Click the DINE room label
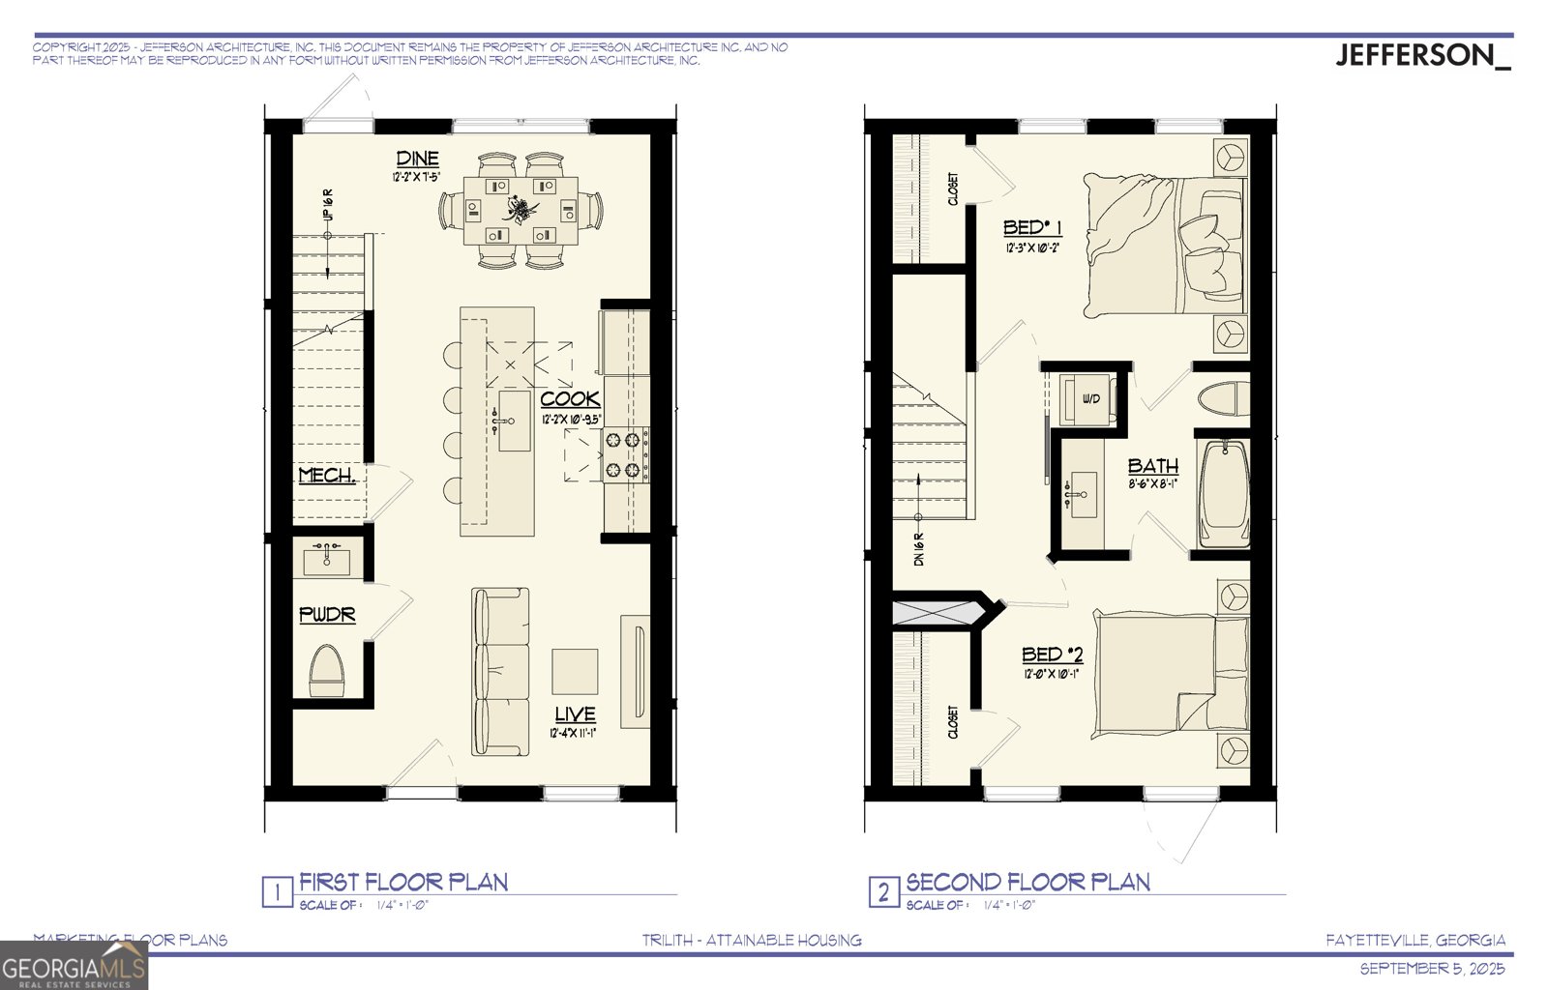(x=417, y=159)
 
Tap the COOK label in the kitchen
(x=570, y=398)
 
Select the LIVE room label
(x=575, y=714)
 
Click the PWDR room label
(x=327, y=615)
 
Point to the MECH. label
(x=326, y=476)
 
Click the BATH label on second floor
(x=1153, y=466)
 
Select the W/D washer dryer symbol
(x=1089, y=399)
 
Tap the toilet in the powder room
(x=327, y=670)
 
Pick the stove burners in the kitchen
(x=624, y=455)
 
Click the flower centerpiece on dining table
(x=519, y=207)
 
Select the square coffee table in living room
(x=575, y=672)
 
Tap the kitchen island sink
(x=514, y=421)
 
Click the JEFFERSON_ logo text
(x=1421, y=56)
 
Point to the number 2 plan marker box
(x=882, y=891)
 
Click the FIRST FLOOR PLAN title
(x=403, y=882)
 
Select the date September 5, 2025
(x=1433, y=969)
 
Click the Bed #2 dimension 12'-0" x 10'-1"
(x=1052, y=674)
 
